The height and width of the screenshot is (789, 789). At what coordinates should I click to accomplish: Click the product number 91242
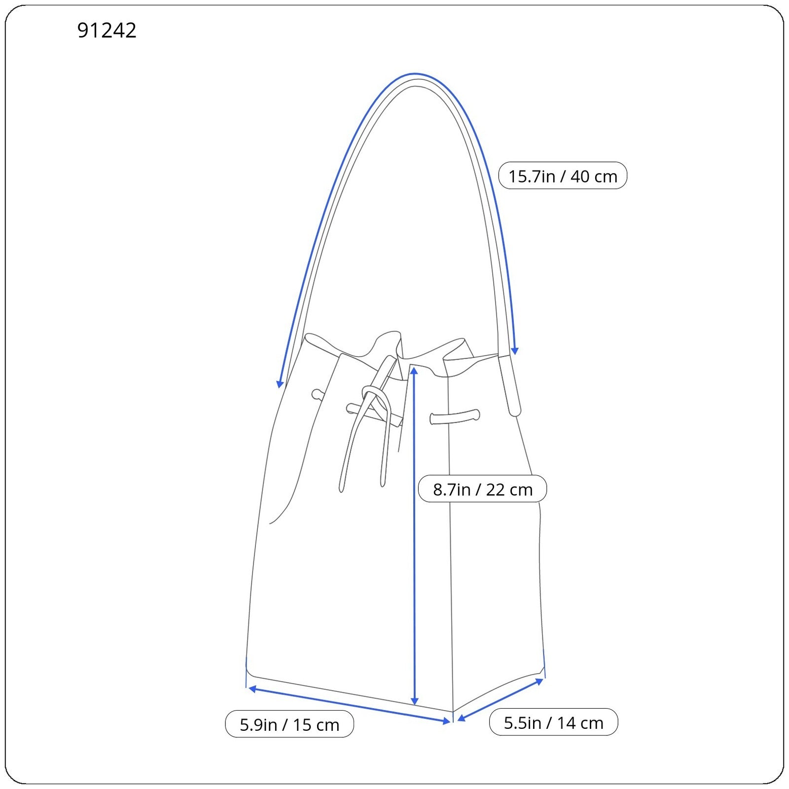pyautogui.click(x=107, y=31)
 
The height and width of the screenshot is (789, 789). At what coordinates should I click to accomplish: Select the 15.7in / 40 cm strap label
pyautogui.click(x=563, y=176)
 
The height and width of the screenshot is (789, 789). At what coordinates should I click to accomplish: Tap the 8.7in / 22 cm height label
pyautogui.click(x=482, y=489)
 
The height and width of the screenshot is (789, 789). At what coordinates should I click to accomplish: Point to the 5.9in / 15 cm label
pyautogui.click(x=289, y=724)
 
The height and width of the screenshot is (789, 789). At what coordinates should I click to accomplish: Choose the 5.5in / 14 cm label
pyautogui.click(x=553, y=722)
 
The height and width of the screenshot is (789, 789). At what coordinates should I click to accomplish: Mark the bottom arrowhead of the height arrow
pyautogui.click(x=414, y=701)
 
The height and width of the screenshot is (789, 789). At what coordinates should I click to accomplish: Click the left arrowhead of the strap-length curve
pyautogui.click(x=280, y=384)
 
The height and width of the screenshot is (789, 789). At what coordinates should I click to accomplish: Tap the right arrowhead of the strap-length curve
pyautogui.click(x=515, y=351)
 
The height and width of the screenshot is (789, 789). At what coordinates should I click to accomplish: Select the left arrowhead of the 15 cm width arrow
pyautogui.click(x=252, y=688)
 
